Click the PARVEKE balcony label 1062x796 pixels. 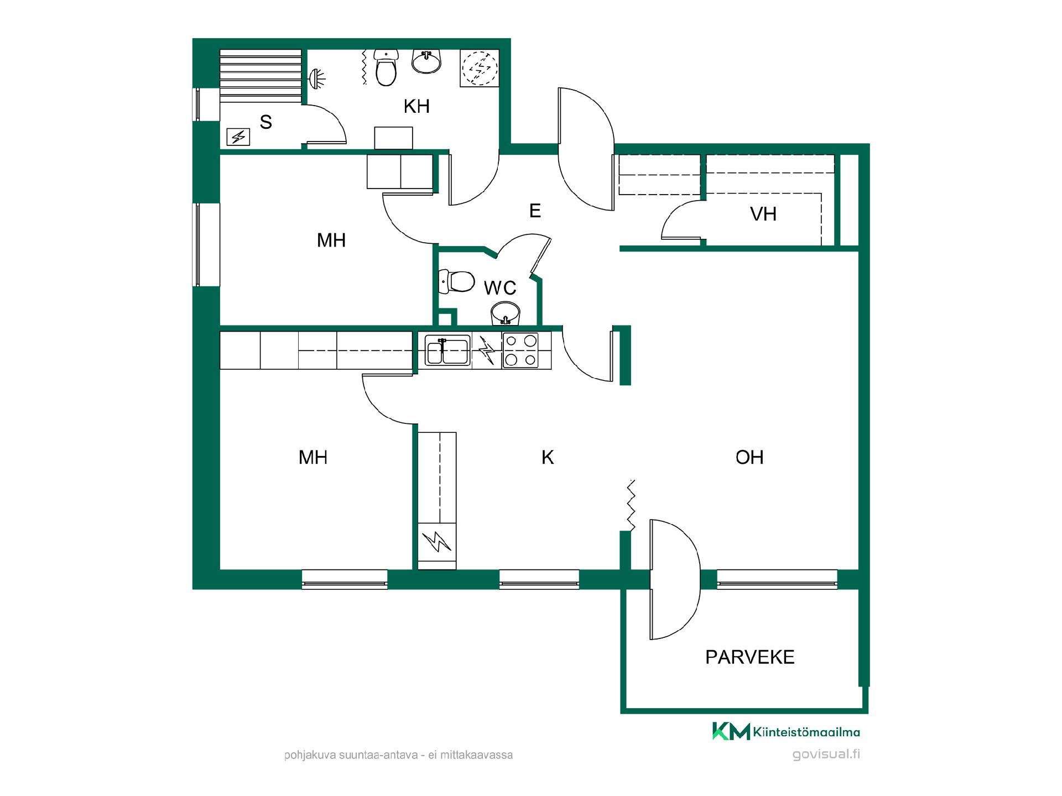tap(749, 657)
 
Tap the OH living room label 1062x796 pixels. tap(749, 457)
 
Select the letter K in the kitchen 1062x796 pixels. tap(548, 457)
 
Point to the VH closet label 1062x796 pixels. tap(763, 214)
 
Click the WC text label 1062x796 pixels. tap(500, 288)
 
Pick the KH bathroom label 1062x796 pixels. tap(417, 106)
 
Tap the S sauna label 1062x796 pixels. tap(266, 122)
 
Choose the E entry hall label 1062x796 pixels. tap(535, 211)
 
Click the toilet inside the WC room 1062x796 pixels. tap(456, 282)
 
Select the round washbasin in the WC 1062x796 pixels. tap(505, 314)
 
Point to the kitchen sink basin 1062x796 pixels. tap(448, 350)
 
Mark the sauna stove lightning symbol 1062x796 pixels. tap(238, 137)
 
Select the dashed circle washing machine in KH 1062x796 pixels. tap(480, 68)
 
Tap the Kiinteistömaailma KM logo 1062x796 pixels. tap(786, 731)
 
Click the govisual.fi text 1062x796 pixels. tap(826, 755)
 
